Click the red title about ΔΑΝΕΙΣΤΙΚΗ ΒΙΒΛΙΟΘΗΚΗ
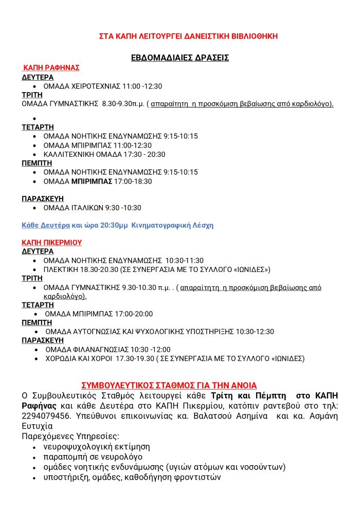(188, 36)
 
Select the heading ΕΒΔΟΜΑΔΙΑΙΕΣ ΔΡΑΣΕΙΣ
(180, 58)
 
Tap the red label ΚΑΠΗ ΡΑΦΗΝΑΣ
(51, 68)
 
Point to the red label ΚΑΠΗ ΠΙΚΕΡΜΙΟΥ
(52, 242)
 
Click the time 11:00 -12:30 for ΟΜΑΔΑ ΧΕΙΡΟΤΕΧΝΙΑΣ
(142, 86)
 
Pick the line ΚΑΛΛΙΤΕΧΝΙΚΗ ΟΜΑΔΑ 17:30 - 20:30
(104, 154)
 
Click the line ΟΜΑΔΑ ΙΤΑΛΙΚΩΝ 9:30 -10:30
(92, 208)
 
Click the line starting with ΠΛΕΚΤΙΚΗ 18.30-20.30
(157, 269)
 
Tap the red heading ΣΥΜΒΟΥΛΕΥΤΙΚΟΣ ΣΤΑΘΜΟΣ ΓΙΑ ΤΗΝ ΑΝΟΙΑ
(169, 385)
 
